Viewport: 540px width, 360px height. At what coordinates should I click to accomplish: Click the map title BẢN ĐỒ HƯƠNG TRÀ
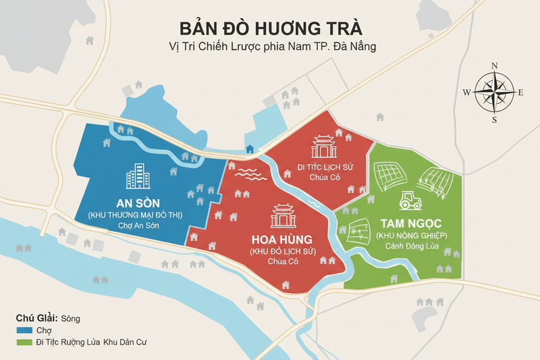(271, 29)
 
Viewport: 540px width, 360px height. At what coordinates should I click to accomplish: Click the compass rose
(493, 93)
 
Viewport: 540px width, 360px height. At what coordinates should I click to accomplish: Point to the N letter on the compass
(494, 66)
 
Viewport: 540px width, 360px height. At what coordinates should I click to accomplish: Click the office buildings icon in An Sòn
(138, 176)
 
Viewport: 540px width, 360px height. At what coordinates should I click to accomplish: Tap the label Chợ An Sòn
(138, 226)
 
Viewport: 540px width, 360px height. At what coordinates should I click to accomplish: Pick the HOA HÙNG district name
(282, 239)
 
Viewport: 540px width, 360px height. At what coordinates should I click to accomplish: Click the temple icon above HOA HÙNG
(282, 215)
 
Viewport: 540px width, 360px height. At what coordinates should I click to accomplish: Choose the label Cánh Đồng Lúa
(408, 247)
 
